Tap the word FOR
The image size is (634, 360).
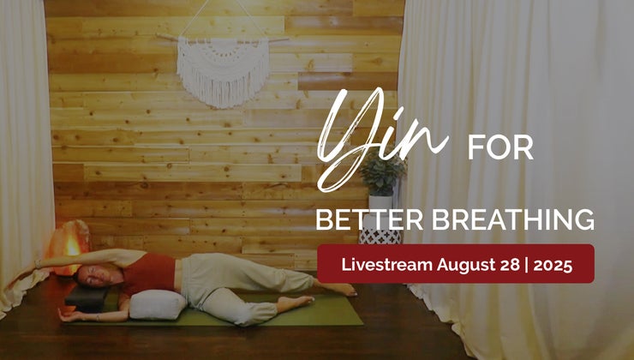coord(500,148)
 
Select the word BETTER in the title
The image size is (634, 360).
coord(369,219)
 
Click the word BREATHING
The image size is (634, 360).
coord(513,219)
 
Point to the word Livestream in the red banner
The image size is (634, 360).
coord(387,265)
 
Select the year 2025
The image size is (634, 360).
coord(553,265)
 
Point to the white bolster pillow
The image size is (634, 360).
coord(157,304)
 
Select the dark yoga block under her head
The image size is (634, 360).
coord(87,298)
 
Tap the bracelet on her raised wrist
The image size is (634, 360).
coord(38,264)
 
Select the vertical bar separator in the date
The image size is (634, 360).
coord(526,266)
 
